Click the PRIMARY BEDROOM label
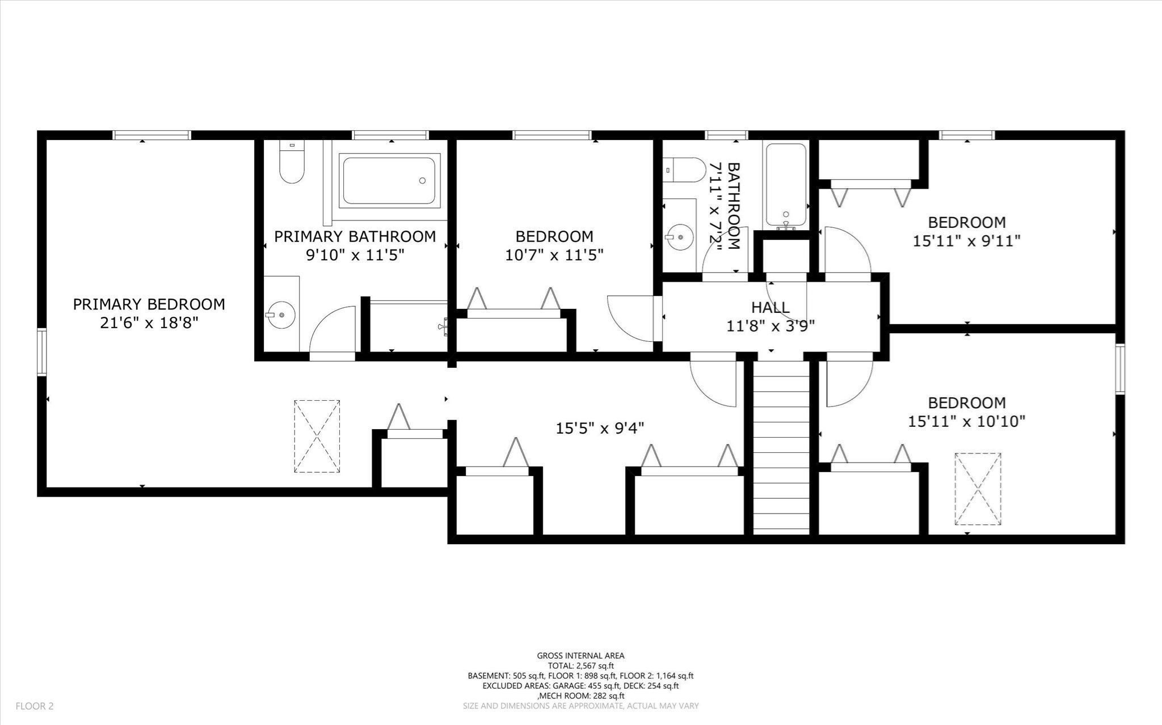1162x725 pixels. click(x=149, y=304)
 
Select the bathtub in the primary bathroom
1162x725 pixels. click(x=389, y=180)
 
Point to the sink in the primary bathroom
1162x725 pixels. click(x=281, y=314)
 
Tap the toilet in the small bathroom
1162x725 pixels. click(x=684, y=169)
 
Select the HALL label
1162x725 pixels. click(x=770, y=308)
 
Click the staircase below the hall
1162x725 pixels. click(x=781, y=448)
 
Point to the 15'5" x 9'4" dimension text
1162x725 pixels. click(x=600, y=427)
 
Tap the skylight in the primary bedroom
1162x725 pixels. click(x=317, y=436)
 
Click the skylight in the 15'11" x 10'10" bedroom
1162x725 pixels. click(x=977, y=488)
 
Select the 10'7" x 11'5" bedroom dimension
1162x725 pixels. click(x=554, y=255)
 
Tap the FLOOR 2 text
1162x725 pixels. click(x=35, y=706)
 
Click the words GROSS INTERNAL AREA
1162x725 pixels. click(x=580, y=656)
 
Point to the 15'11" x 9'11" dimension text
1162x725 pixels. click(x=966, y=241)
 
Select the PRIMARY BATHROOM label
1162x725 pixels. click(x=355, y=236)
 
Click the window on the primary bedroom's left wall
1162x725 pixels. click(x=42, y=352)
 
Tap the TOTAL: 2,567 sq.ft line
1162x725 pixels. click(x=580, y=666)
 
